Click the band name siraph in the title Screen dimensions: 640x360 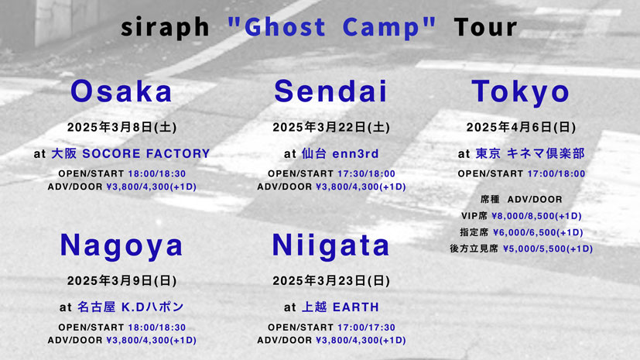pyautogui.click(x=165, y=27)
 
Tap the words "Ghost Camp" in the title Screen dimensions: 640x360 pyautogui.click(x=332, y=27)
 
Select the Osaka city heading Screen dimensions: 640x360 pyautogui.click(x=121, y=91)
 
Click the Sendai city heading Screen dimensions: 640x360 pyautogui.click(x=330, y=91)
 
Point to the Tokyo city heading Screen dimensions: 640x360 pyautogui.click(x=520, y=92)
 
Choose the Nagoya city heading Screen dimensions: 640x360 pyautogui.click(x=121, y=246)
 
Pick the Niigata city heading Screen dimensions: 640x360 pyautogui.click(x=330, y=246)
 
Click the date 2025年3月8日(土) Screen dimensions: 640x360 pyautogui.click(x=121, y=127)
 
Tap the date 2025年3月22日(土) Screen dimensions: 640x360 pyautogui.click(x=331, y=127)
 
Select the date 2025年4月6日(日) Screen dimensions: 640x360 pyautogui.click(x=521, y=127)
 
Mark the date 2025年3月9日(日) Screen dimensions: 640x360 pyautogui.click(x=121, y=281)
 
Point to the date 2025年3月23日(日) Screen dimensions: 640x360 pyautogui.click(x=331, y=281)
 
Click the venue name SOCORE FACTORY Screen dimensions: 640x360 pyautogui.click(x=146, y=153)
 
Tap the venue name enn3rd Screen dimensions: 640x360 pyautogui.click(x=355, y=153)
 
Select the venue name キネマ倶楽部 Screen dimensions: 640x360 pyautogui.click(x=546, y=153)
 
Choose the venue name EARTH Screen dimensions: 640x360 pyautogui.click(x=355, y=307)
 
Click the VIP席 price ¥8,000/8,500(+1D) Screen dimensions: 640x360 pyautogui.click(x=536, y=216)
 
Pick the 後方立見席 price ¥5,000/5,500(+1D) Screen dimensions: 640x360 pyautogui.click(x=548, y=249)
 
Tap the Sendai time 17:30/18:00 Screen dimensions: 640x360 pyautogui.click(x=366, y=173)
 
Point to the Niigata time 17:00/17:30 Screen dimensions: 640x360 pyautogui.click(x=366, y=327)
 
